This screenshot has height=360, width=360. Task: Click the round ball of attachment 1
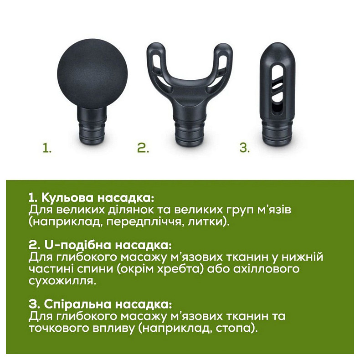[x=92, y=74]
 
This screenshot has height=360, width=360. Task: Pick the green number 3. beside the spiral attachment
[x=244, y=148]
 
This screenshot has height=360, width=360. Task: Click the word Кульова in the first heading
[x=68, y=198]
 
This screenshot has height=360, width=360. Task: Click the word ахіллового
[x=266, y=269]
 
